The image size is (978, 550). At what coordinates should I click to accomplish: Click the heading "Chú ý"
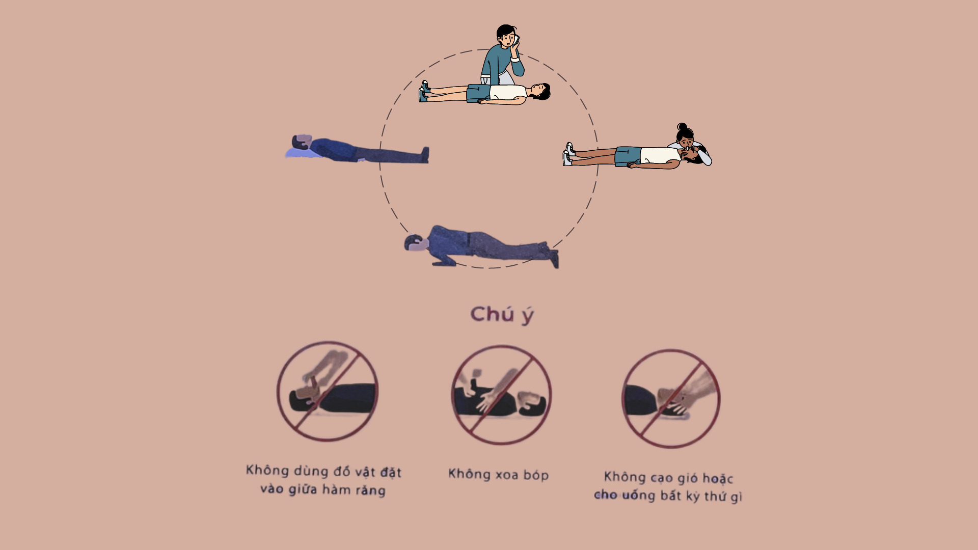[x=502, y=315]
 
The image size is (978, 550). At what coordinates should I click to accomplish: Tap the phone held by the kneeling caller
[x=515, y=40]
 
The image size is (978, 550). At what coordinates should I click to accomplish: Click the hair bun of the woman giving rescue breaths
[x=682, y=127]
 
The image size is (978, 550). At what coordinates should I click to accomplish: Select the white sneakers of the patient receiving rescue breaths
[x=568, y=154]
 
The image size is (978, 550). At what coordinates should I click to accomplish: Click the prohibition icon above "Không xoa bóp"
[x=501, y=395]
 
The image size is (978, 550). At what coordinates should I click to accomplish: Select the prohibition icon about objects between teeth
[x=328, y=391]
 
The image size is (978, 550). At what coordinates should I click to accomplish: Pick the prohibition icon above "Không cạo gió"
[x=671, y=399]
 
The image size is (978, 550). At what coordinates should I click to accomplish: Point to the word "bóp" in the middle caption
[x=536, y=475]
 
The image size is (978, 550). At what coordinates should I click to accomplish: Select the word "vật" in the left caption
[x=366, y=472]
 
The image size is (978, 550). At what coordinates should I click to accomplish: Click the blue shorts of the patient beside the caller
[x=478, y=93]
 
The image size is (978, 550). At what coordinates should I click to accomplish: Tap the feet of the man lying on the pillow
[x=424, y=155]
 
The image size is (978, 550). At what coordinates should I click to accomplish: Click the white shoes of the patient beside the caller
[x=423, y=91]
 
